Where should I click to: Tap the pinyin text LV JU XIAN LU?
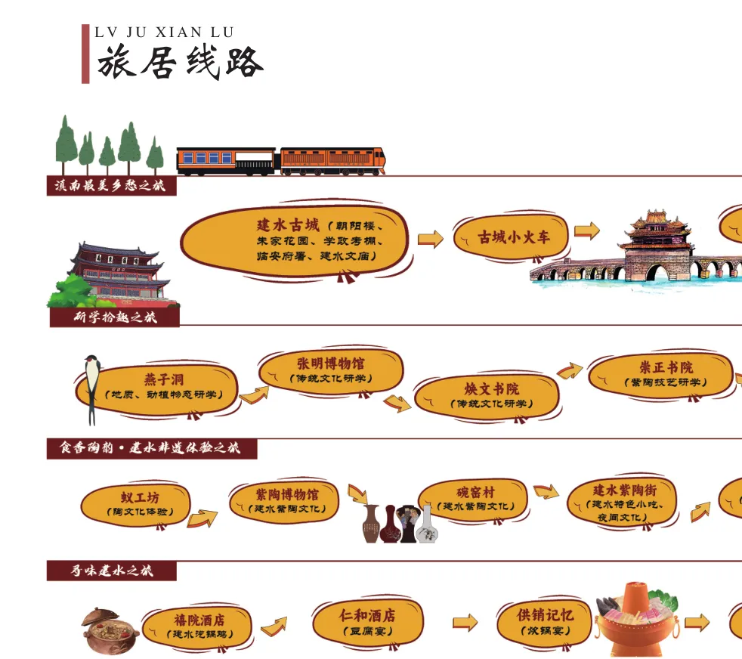point(164,32)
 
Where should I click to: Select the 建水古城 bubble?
point(295,240)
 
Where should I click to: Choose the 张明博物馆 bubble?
point(330,370)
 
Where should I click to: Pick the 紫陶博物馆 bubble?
point(283,501)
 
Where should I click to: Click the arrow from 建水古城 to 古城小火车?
point(431,239)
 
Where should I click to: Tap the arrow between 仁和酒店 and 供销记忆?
point(465,622)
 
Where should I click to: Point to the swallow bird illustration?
point(92,386)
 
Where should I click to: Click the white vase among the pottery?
point(428,524)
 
